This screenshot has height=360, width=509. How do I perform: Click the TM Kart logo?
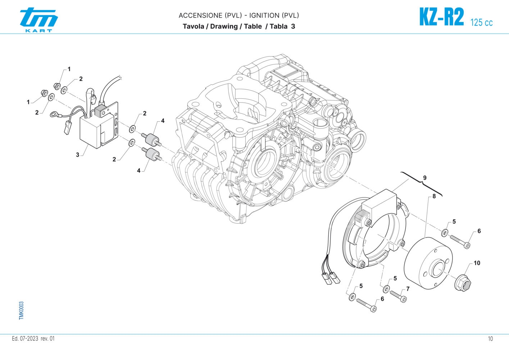point(38,19)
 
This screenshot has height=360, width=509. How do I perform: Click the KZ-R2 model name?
point(441,17)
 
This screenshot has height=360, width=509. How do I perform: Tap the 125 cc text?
point(481,22)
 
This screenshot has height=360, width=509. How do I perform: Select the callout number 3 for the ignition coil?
point(77,155)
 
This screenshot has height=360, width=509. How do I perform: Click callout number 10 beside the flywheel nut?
point(477,263)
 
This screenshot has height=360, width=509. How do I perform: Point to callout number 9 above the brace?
point(425,178)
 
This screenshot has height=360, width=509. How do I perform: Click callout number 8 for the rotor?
point(434,196)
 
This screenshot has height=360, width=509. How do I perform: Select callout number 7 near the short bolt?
point(408,289)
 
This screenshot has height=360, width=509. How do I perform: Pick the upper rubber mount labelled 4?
point(151,140)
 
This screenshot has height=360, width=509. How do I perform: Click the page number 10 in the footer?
point(491,339)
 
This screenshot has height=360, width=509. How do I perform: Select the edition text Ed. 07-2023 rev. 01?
point(33,339)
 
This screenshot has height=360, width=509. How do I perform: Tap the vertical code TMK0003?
point(21,310)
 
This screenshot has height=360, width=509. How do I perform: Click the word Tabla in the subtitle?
point(278,26)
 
